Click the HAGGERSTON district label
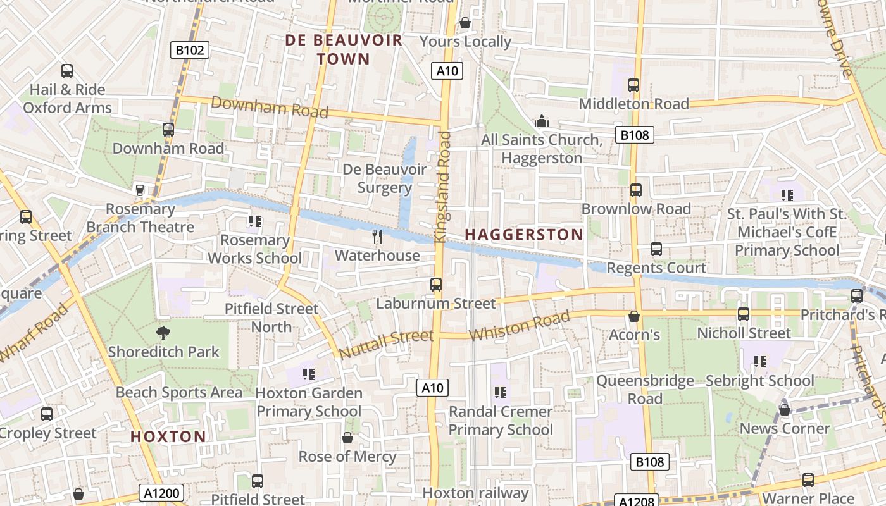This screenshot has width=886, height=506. point(524,235)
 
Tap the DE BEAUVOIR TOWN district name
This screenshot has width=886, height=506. point(344,49)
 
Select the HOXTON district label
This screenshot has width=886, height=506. point(168,436)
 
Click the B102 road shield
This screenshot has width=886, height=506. point(190,50)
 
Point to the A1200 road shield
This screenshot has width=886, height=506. point(161,493)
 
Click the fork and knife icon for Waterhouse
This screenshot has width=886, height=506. point(377,237)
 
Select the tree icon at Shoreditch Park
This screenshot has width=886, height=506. point(163,333)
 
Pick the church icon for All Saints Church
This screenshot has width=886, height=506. point(542,120)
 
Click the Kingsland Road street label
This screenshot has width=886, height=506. point(442,187)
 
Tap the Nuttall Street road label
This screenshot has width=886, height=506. point(386,343)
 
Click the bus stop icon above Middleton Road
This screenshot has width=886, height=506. point(633,85)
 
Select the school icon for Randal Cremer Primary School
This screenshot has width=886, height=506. point(501,393)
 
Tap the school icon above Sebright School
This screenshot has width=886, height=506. point(759,362)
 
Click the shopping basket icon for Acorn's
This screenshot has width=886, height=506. point(634,316)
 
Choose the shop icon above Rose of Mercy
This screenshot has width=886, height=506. point(347,438)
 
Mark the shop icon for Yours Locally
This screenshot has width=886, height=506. point(465,23)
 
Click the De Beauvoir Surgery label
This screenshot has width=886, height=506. point(384,178)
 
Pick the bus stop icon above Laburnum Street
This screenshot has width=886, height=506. point(436,285)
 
